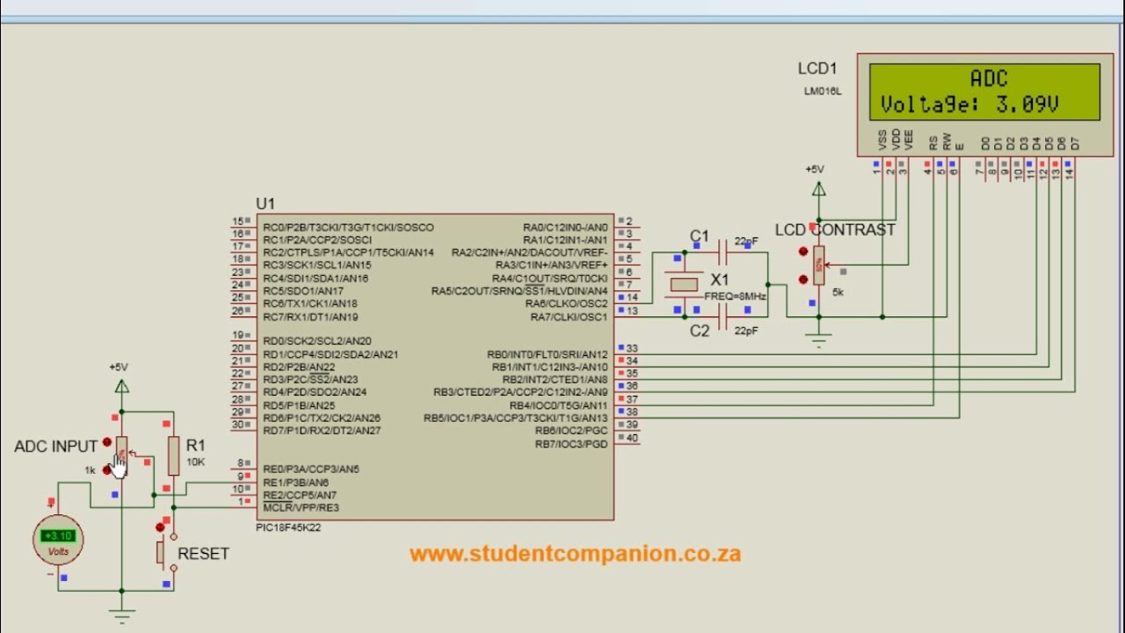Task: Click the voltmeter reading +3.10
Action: click(x=59, y=536)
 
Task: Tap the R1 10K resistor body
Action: click(x=173, y=455)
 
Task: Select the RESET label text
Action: click(x=203, y=554)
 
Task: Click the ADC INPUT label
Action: click(x=55, y=447)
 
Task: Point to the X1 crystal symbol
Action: click(x=684, y=284)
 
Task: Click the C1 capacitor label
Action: click(x=699, y=236)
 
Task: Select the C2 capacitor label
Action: click(x=699, y=331)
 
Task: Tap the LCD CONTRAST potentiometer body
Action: click(x=818, y=265)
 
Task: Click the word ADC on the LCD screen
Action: click(x=989, y=79)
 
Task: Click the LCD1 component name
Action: click(x=817, y=69)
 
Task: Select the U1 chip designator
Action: click(x=265, y=204)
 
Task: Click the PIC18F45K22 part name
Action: click(x=287, y=527)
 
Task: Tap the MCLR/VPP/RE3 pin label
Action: click(x=301, y=507)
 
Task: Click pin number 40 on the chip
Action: click(x=632, y=438)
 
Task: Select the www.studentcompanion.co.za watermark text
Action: click(x=575, y=554)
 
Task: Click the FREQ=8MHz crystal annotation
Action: click(x=735, y=296)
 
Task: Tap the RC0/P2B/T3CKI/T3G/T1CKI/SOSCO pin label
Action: click(x=348, y=228)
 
